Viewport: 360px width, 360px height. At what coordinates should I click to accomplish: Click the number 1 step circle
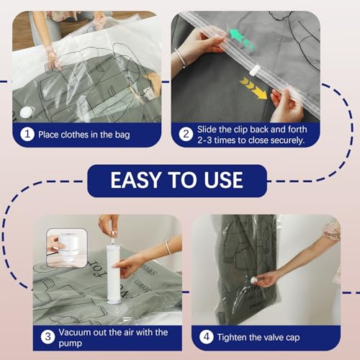[x=27, y=135]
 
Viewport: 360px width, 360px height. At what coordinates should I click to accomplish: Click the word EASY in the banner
[x=138, y=180]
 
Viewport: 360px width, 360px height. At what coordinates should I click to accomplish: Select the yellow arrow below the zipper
[x=253, y=89]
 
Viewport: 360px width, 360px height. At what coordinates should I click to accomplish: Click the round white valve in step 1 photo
[x=27, y=111]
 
